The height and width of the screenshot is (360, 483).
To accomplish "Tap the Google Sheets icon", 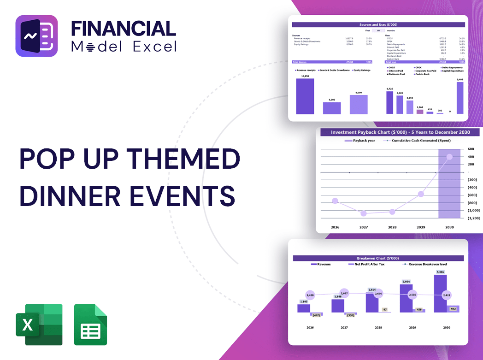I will pyautogui.click(x=90, y=325).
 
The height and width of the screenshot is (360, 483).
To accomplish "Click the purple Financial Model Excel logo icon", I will pyautogui.click(x=36, y=36).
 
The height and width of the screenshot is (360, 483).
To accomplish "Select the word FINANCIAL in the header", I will pyautogui.click(x=124, y=28).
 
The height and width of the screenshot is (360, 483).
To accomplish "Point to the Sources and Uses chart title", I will pyautogui.click(x=378, y=24).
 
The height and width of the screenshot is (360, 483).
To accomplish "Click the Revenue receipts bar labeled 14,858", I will pyautogui.click(x=305, y=96).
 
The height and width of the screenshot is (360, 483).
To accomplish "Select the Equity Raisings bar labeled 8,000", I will pyautogui.click(x=359, y=105).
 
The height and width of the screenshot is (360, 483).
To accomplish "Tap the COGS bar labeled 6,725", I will pyautogui.click(x=390, y=102).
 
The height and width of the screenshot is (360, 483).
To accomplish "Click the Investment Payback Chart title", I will pyautogui.click(x=400, y=132).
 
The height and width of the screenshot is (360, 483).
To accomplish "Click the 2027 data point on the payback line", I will pyautogui.click(x=364, y=213).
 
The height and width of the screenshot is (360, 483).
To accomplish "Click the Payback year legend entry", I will pyautogui.click(x=362, y=141).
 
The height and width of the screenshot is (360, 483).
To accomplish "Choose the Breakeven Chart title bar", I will pyautogui.click(x=378, y=258).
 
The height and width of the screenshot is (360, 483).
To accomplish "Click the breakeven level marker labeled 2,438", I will pyautogui.click(x=310, y=295).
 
